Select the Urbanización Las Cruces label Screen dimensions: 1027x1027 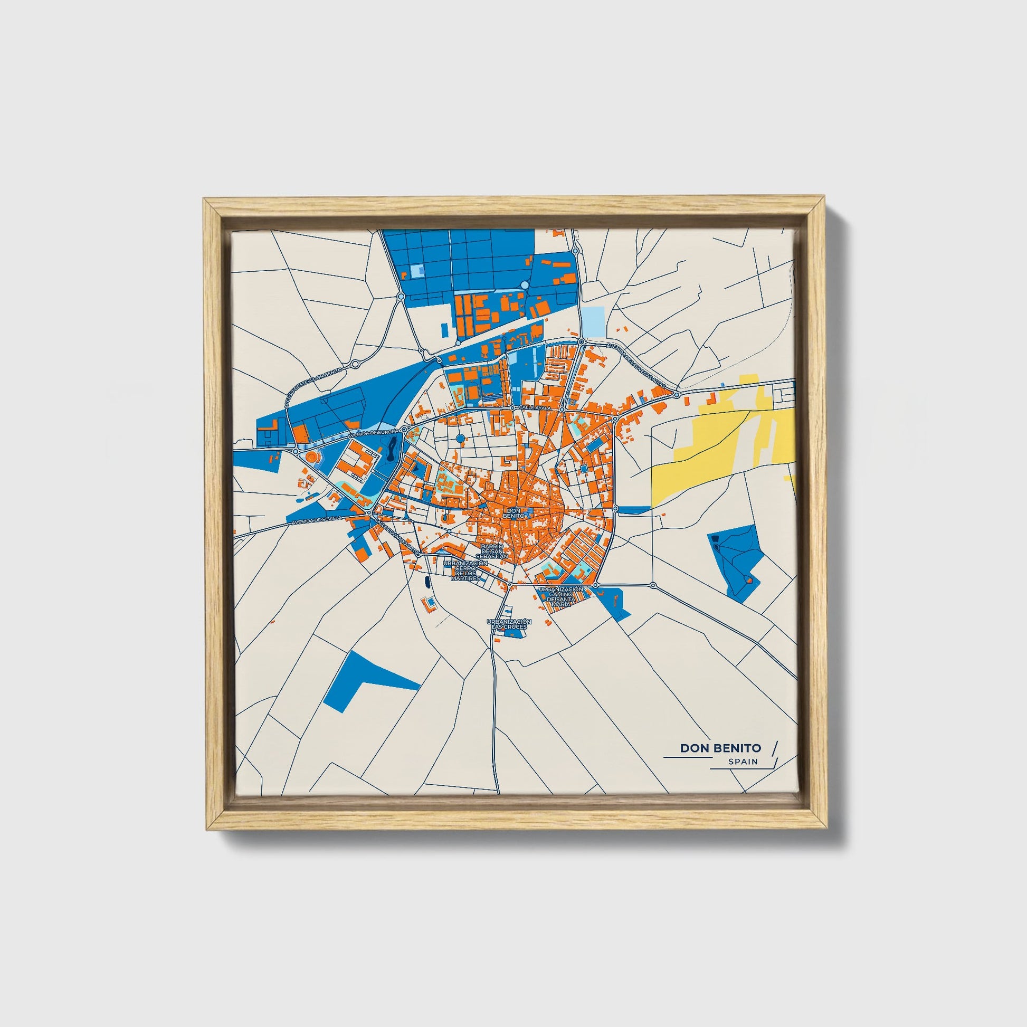coord(509,624)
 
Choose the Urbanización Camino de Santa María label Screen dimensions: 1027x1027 coord(562,597)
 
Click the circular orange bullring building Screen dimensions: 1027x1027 coord(311,457)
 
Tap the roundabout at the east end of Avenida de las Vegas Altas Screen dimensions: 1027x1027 coord(676,394)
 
